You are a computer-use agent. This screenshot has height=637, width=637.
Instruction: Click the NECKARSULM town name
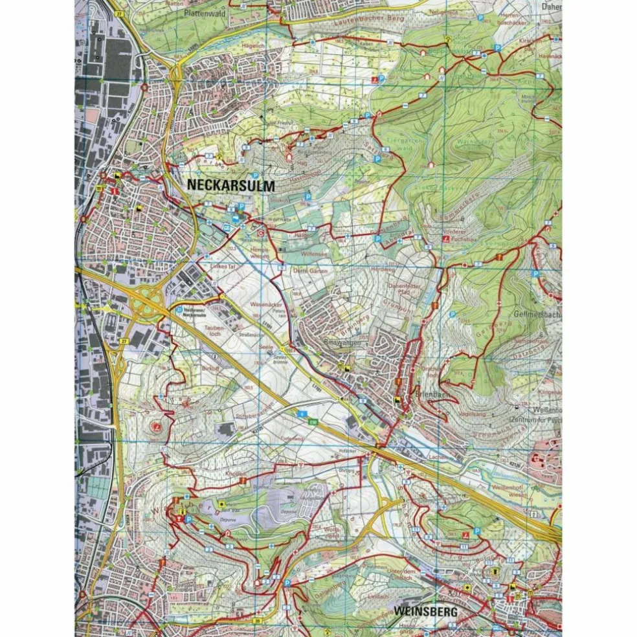[x=231, y=185]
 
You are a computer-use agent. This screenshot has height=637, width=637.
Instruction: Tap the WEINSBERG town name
[x=425, y=610]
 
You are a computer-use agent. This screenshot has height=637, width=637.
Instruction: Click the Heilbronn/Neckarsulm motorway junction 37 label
[x=195, y=311]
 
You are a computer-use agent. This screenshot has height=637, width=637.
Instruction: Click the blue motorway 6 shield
[x=301, y=412]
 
